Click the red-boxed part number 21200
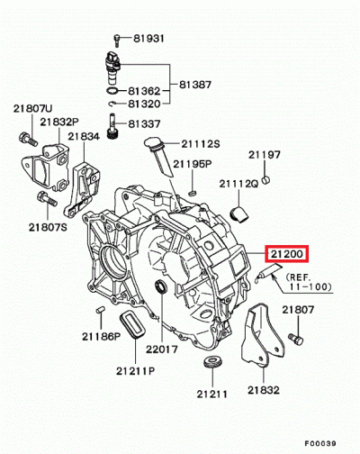(285, 256)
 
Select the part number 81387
(196, 85)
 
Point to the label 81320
(143, 104)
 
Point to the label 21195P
(193, 164)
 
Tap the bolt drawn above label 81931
(117, 38)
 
